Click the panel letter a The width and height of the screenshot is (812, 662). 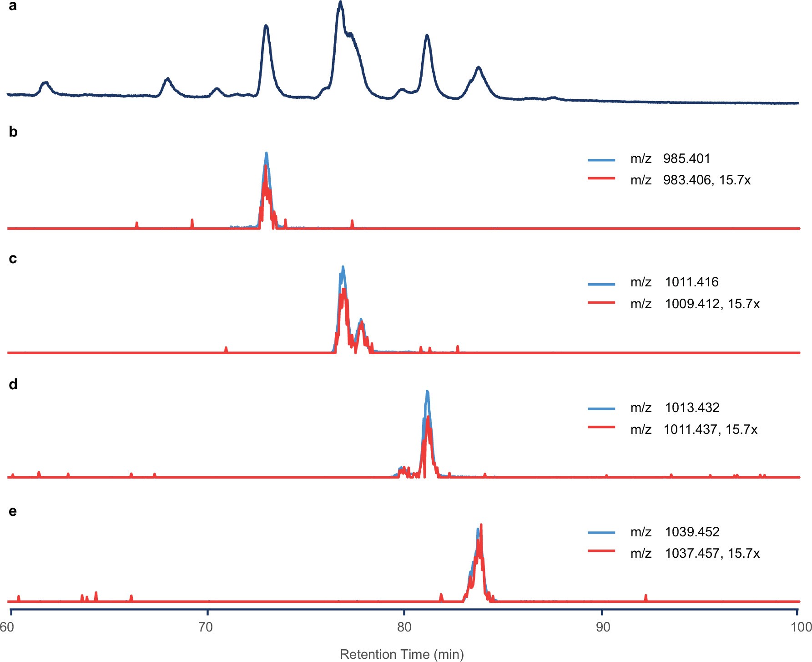point(13,6)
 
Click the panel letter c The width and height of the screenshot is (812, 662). point(13,259)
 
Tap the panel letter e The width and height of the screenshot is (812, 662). point(13,511)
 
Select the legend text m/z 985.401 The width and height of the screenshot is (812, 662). point(670,158)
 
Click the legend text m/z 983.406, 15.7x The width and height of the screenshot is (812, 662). point(690,180)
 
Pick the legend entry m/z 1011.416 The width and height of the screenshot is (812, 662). point(674,282)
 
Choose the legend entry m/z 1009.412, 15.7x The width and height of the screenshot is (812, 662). point(695,304)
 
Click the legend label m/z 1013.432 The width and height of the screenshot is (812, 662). point(675,407)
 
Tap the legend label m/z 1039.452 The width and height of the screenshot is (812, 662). point(675,532)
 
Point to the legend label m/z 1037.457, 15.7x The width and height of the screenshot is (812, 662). point(695,553)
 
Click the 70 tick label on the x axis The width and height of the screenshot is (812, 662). point(206,627)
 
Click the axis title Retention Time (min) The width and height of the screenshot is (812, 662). point(402,654)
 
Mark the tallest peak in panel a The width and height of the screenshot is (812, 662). point(340,2)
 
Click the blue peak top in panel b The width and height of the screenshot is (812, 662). point(266,153)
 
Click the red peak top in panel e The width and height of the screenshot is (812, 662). point(481,525)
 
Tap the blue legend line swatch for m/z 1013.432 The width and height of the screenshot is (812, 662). point(601,408)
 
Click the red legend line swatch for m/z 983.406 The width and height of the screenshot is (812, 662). point(601,178)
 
